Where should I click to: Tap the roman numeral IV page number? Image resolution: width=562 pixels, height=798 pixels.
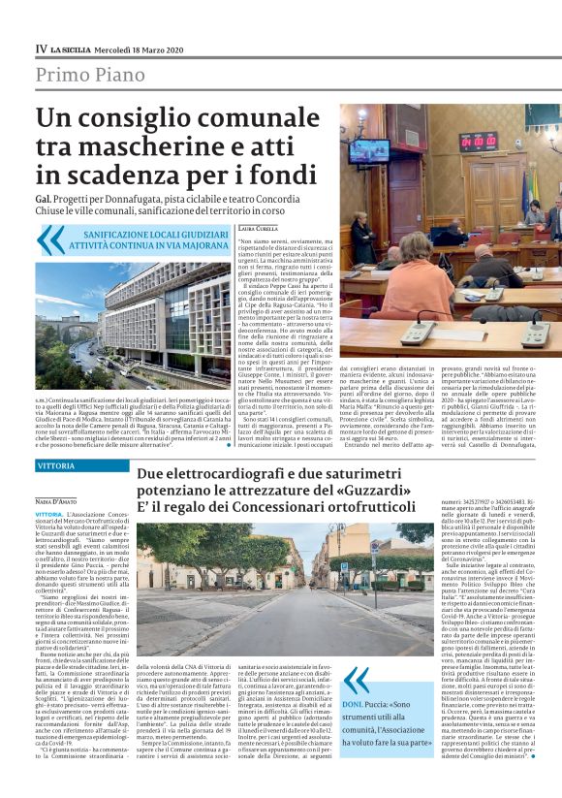(x=41, y=48)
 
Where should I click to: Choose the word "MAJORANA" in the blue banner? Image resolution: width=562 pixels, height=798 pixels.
(x=193, y=246)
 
